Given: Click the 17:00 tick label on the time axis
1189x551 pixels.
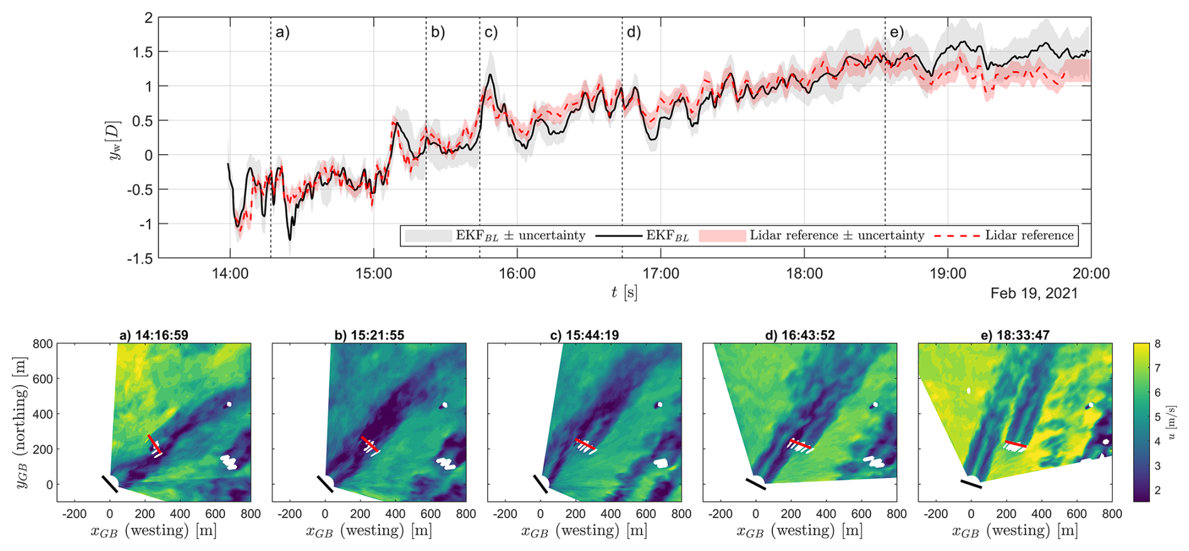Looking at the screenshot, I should [660, 274].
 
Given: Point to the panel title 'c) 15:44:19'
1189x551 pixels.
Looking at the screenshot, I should [584, 335].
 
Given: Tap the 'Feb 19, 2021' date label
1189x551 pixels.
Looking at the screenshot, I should [1034, 293].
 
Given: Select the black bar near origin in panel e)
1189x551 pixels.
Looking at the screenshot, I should [971, 484].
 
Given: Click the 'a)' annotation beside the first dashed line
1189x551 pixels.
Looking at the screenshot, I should [283, 33].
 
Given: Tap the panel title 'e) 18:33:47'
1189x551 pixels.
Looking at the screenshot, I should [1014, 335].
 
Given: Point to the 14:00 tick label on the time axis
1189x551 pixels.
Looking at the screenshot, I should [230, 274].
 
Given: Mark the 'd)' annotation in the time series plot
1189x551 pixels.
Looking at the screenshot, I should [633, 33].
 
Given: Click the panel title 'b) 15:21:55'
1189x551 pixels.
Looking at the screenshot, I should [369, 335].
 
